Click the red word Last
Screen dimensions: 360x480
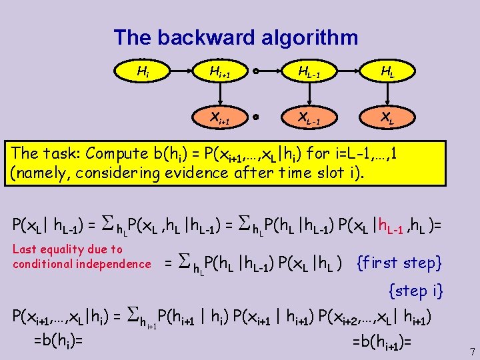(25, 249)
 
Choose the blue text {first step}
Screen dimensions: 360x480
(400, 263)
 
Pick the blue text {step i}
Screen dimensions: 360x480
(416, 291)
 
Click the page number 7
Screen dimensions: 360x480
(471, 351)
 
